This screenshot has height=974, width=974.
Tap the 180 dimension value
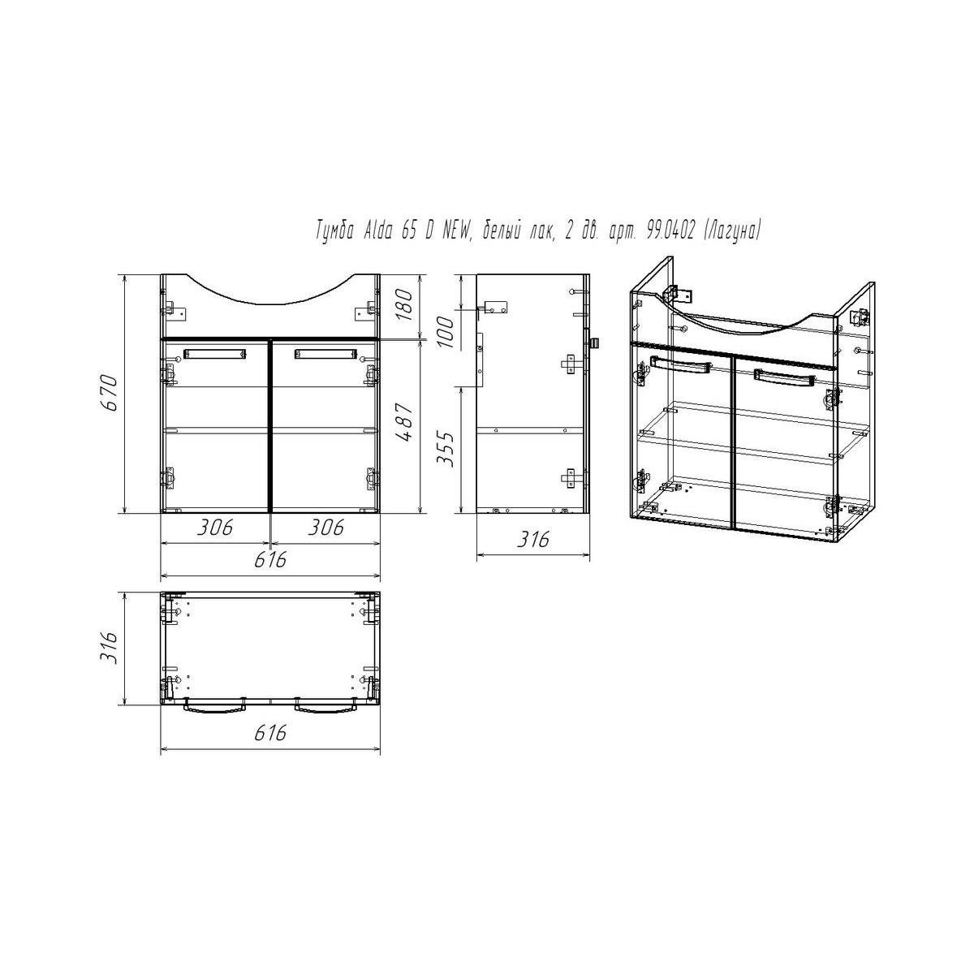click(404, 304)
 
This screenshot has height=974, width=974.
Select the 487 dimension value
click(405, 422)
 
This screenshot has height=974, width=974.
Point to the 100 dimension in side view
click(446, 332)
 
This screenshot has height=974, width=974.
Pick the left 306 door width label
click(215, 528)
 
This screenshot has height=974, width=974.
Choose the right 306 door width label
click(326, 528)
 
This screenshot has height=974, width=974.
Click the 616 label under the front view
click(270, 559)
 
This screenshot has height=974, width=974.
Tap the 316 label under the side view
click(533, 539)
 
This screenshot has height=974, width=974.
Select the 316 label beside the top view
click(110, 648)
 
